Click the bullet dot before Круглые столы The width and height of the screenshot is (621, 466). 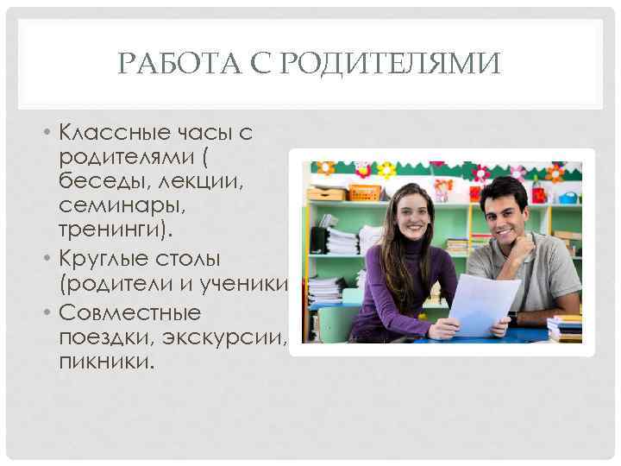tap(51, 258)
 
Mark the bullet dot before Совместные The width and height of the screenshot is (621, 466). tap(51, 312)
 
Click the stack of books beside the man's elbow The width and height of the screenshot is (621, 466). tap(565, 328)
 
